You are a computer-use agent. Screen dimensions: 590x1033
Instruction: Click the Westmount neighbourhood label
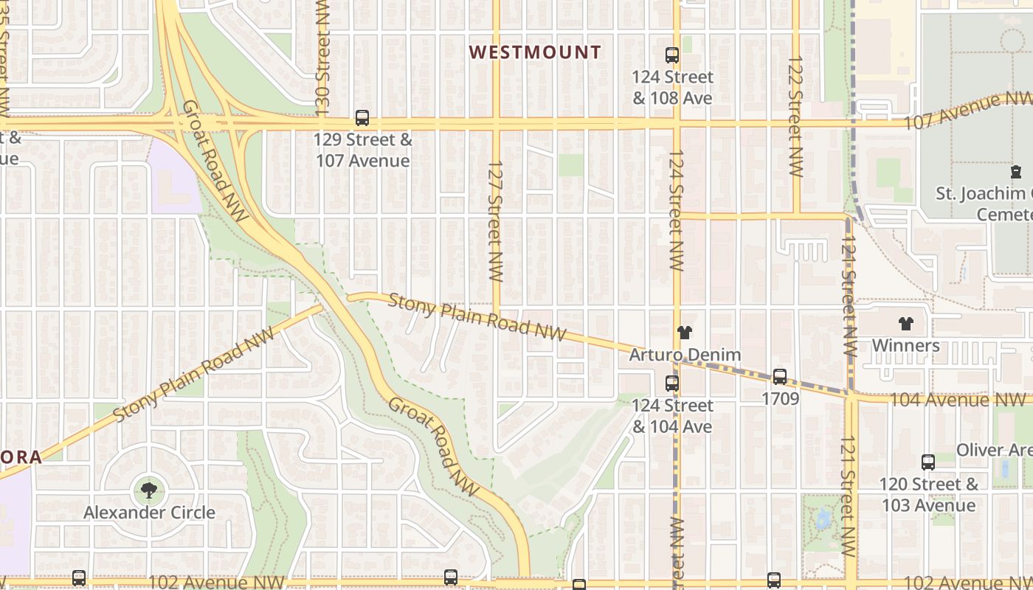tap(535, 52)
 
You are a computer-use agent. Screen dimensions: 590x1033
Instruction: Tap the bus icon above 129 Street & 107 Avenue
tap(362, 117)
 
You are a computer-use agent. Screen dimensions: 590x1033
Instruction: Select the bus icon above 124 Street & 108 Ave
tap(671, 55)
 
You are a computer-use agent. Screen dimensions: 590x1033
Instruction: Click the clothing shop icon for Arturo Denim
tap(684, 333)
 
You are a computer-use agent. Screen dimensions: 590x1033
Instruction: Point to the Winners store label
tap(905, 346)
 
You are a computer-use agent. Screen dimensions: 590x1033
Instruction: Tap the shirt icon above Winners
tap(905, 324)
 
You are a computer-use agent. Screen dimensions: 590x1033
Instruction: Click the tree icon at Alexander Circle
tap(149, 490)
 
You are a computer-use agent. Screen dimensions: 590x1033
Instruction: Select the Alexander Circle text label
tap(149, 513)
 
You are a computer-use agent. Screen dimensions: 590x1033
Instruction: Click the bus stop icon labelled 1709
tap(780, 377)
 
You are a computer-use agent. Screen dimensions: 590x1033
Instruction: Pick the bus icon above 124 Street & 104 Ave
tap(671, 383)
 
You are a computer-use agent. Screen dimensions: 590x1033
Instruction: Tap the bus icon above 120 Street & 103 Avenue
tap(928, 462)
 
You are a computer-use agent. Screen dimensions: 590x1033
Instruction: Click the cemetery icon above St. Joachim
tap(1016, 172)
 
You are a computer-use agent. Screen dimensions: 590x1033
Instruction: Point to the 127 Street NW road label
tap(495, 221)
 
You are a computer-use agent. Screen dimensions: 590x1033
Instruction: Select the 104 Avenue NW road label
tap(958, 400)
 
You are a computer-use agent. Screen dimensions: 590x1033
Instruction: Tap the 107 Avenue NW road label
tap(967, 111)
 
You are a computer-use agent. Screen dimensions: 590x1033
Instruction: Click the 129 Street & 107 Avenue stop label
tap(362, 150)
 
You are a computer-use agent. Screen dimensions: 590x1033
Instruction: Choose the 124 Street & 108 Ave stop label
tap(672, 87)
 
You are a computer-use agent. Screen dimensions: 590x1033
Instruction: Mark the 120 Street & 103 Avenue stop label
tap(927, 495)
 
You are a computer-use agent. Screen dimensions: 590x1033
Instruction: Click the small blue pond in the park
tap(822, 521)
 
